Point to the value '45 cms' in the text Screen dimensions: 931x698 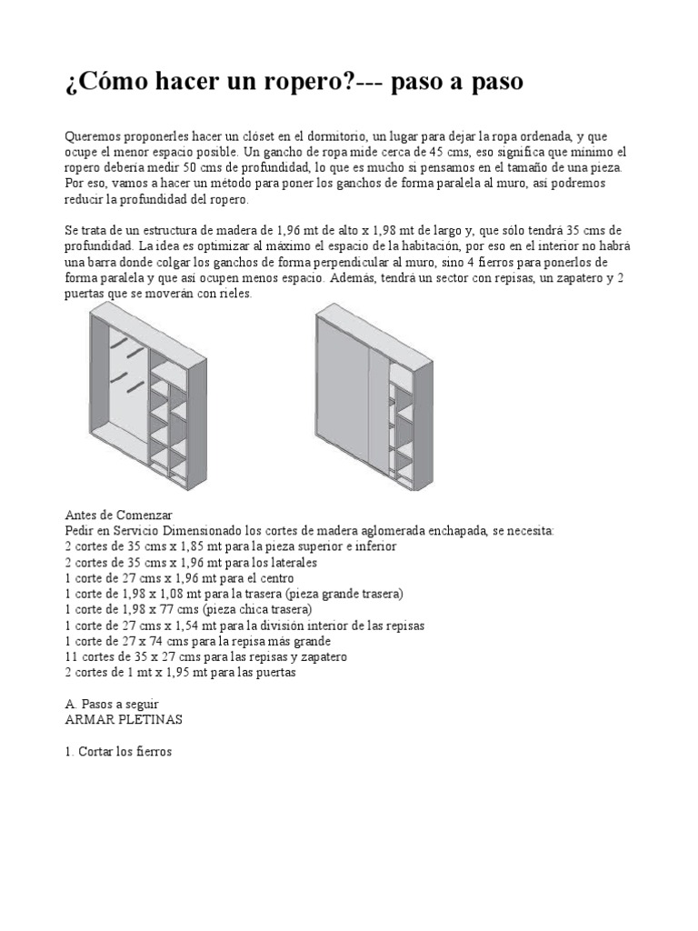click(434, 151)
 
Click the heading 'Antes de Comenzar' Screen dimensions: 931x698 click(119, 514)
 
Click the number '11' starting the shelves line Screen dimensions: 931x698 click(72, 656)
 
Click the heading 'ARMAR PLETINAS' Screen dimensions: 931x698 click(125, 719)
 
